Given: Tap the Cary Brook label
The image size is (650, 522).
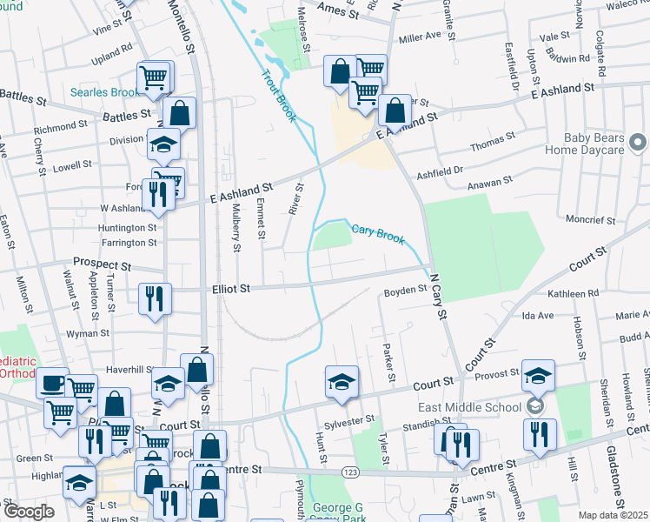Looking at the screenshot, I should tap(378, 234).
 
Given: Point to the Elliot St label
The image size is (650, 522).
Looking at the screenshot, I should tap(230, 289).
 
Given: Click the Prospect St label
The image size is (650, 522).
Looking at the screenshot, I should tap(102, 264).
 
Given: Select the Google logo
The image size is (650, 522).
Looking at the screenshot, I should tap(29, 512).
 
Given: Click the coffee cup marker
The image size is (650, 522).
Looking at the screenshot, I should tap(52, 382).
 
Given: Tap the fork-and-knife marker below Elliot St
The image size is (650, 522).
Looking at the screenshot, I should tap(156, 299).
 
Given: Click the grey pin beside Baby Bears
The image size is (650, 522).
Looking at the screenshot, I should tap(637, 141).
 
